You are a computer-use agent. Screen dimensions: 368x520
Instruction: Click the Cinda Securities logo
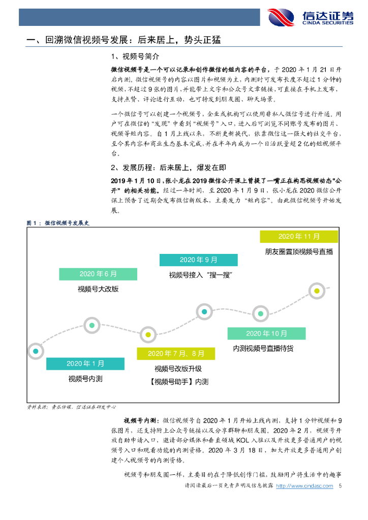310,17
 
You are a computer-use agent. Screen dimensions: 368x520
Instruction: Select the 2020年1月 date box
85,364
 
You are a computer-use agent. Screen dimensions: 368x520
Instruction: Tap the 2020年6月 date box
98,274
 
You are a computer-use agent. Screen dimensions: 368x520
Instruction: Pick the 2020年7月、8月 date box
176,353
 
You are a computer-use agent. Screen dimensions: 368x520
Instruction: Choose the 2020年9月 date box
198,260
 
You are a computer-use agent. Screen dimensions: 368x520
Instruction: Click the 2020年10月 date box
266,333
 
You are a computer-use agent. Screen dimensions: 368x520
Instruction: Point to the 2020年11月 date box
299,236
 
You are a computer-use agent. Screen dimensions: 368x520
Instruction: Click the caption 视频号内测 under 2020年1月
85,379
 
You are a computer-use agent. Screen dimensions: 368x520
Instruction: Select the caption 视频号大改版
98,289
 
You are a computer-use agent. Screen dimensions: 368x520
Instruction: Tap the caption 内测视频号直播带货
263,348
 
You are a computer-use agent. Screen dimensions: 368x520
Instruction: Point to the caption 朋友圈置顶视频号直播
299,251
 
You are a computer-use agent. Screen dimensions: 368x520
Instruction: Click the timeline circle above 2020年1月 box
35,350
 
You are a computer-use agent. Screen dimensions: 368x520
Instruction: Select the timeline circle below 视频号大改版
91,324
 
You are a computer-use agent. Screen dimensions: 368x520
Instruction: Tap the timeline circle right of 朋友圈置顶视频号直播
317,291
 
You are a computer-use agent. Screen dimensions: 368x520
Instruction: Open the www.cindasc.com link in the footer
308,486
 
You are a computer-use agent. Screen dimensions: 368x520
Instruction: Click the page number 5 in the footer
340,486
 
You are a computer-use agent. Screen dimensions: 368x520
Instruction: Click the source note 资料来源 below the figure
71,407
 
